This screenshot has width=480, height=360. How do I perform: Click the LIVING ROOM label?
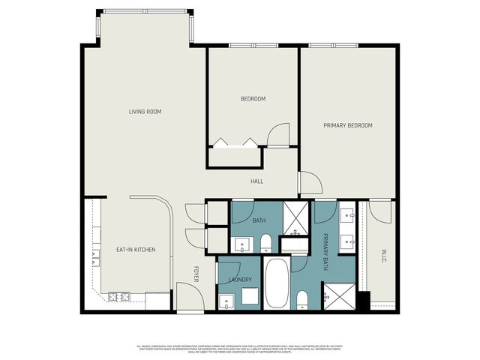(145, 112)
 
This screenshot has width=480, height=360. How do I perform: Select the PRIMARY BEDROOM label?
(347, 125)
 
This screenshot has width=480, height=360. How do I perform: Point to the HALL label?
(256, 181)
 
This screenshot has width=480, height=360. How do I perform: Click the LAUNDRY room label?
(240, 280)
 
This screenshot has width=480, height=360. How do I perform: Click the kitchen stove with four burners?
(118, 297)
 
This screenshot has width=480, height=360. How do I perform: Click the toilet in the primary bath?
(302, 301)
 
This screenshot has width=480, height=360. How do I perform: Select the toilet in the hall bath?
(265, 242)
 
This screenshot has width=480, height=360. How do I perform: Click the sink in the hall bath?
(241, 243)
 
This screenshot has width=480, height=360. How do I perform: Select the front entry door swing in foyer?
(187, 295)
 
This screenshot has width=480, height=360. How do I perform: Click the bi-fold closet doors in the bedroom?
(234, 141)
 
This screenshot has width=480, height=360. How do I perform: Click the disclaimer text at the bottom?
(239, 349)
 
